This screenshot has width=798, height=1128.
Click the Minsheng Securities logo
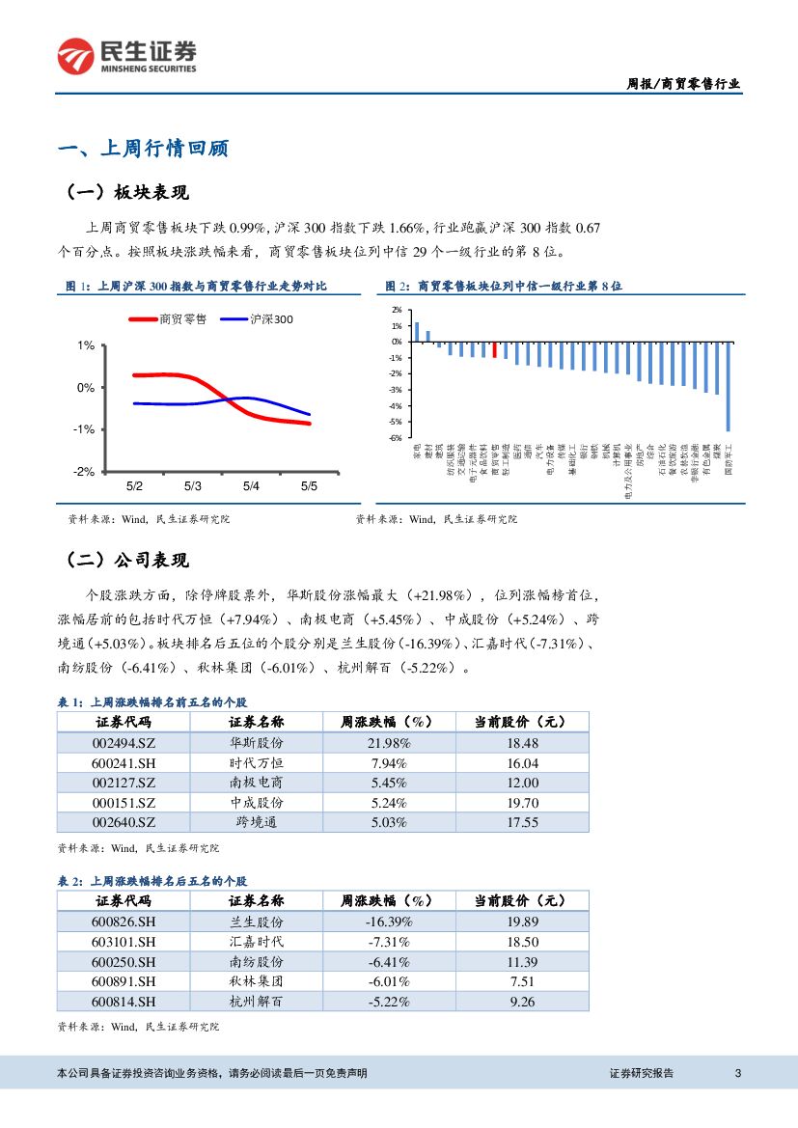[126, 57]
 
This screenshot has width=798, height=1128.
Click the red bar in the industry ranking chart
[495, 349]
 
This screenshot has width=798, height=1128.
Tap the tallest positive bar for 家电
[417, 332]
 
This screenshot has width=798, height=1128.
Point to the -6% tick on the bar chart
[397, 437]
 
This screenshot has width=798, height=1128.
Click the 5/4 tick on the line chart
[251, 486]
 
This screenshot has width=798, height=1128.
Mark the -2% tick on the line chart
[87, 472]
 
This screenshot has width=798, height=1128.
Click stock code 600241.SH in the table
[124, 763]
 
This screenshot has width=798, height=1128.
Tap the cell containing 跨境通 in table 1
[256, 822]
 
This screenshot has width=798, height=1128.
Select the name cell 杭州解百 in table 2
[256, 1002]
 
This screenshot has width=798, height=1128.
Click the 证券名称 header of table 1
[256, 722]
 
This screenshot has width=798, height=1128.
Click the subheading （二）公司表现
[127, 561]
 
